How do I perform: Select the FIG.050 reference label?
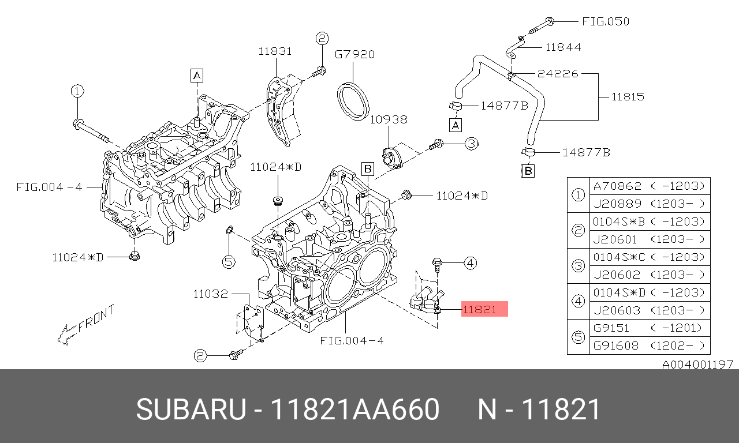point(605,21)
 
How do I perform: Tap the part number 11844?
point(563,47)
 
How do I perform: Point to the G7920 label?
point(354,55)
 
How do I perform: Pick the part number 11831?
point(275,51)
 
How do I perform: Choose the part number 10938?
point(389,119)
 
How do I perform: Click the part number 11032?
point(211,294)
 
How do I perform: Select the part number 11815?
point(628,96)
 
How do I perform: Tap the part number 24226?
point(557,74)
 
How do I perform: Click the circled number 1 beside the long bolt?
point(77,91)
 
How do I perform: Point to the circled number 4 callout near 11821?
point(470,264)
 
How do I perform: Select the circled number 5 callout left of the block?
point(229,262)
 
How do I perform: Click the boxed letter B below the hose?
point(528,171)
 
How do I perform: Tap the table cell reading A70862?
point(617,186)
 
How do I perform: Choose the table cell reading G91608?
point(617,346)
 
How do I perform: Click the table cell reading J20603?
point(617,310)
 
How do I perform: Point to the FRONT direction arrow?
point(69,333)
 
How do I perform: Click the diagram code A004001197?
point(697,364)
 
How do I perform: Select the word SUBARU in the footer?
point(190,410)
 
